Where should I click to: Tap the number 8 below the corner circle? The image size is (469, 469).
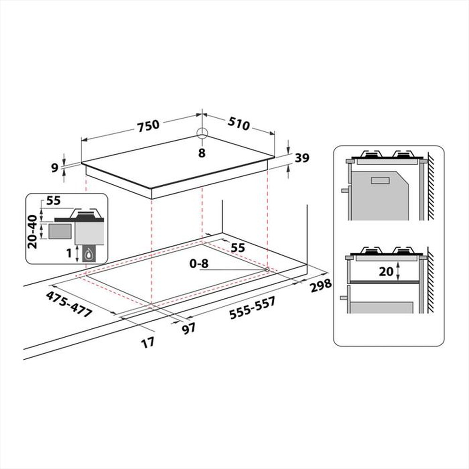202,153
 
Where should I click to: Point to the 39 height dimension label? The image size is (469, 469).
303,159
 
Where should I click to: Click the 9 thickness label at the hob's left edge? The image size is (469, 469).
55,167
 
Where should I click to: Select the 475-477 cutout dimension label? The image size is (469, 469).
68,303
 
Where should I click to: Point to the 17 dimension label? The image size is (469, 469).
148,342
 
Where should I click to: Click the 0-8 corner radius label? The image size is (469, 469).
198,264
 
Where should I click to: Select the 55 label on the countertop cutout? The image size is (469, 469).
238,248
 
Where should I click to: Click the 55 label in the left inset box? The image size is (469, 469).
54,201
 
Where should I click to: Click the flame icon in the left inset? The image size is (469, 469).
88,255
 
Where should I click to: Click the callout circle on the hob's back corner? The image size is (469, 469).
202,133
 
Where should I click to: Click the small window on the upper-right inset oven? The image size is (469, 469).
380,180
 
